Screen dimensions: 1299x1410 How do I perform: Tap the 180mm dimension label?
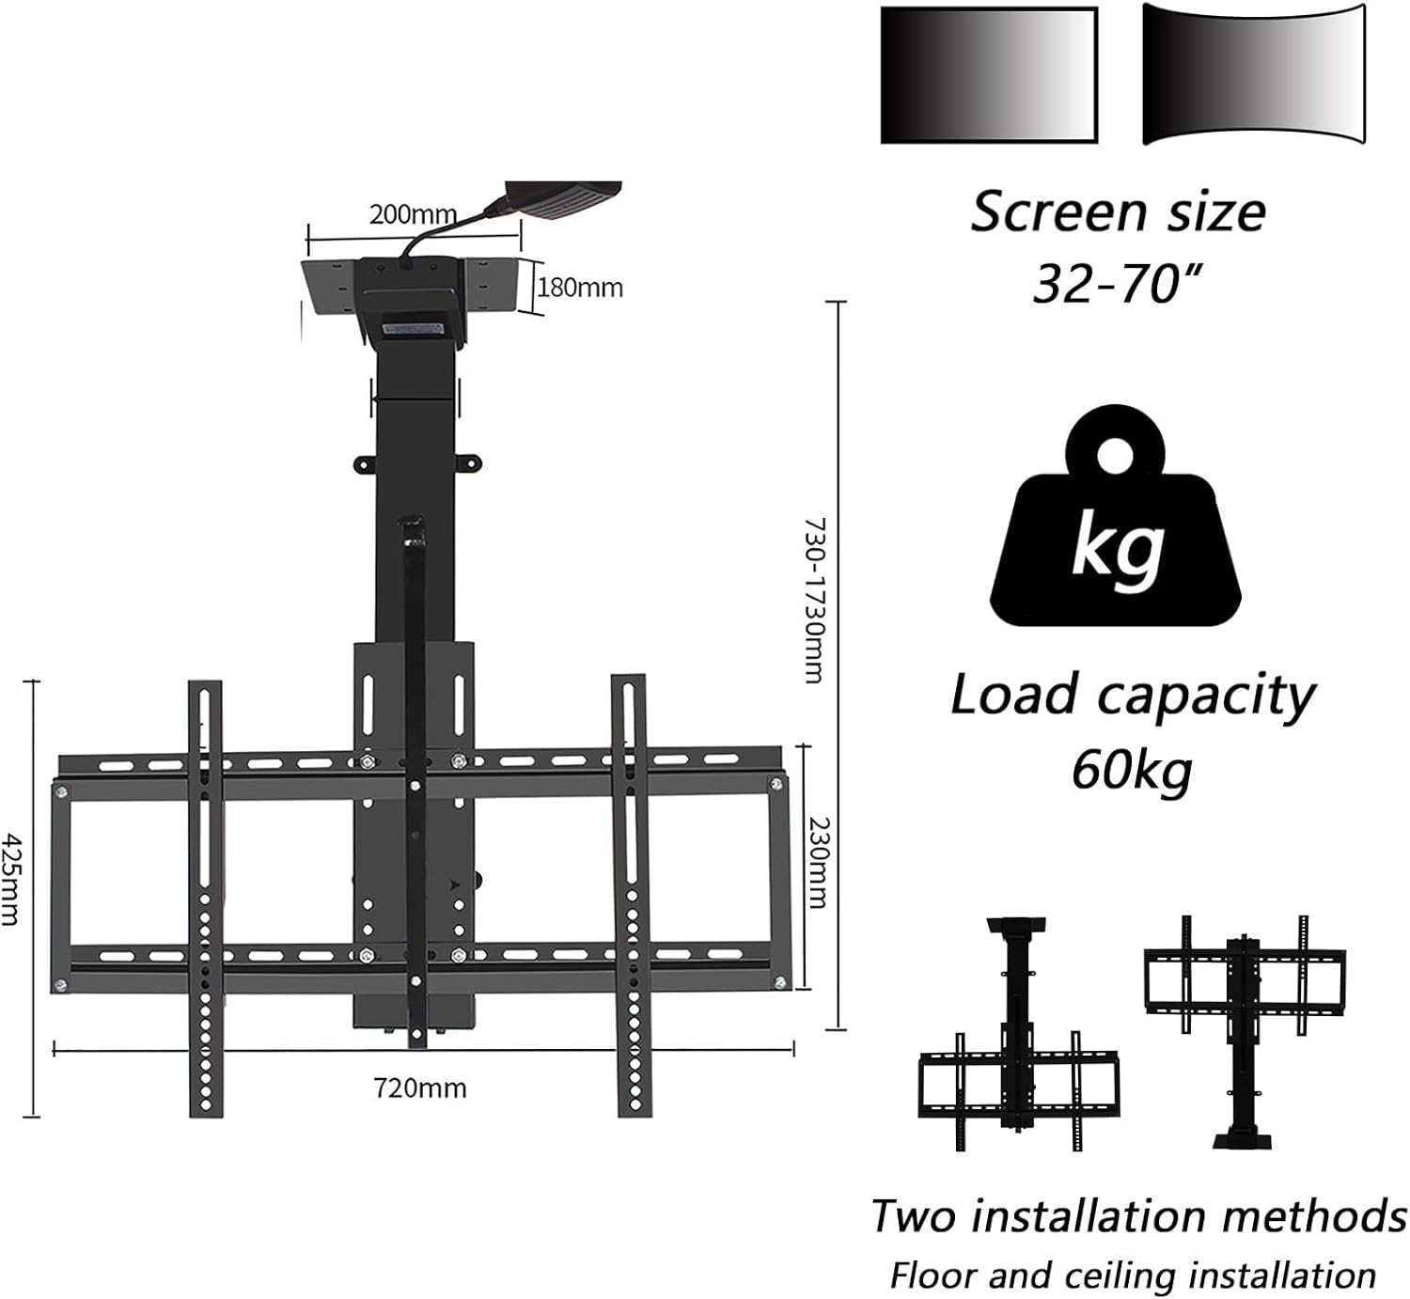click(580, 287)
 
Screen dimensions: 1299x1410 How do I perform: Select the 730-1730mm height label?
click(814, 599)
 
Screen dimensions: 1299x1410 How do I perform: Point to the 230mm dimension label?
click(819, 862)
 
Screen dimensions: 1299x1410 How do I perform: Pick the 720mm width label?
click(419, 1088)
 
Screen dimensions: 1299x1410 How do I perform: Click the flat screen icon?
click(989, 75)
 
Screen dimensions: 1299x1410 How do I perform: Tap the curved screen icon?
click(1254, 75)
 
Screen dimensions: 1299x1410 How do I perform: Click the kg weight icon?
click(1116, 519)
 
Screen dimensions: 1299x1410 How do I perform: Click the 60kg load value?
click(1131, 769)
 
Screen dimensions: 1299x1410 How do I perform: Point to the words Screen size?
click(1118, 211)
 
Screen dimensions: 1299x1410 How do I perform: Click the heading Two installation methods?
click(1138, 1214)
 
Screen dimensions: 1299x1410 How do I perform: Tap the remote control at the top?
click(564, 199)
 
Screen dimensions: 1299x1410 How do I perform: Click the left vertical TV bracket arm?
click(205, 898)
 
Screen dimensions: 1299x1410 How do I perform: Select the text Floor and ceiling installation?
click(1133, 1276)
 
